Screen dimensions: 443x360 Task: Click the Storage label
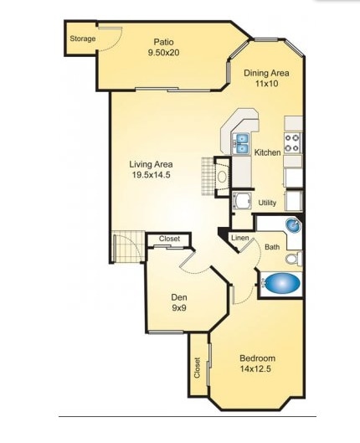(82, 39)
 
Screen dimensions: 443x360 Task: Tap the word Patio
(164, 40)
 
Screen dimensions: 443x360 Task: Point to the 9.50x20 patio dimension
(164, 52)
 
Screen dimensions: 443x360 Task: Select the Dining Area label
(266, 73)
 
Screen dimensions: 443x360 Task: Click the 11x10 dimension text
(266, 85)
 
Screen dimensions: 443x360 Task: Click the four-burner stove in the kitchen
(293, 142)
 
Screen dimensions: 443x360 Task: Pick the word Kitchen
(267, 152)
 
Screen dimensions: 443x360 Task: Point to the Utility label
(267, 203)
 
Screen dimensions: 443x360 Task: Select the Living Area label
(150, 163)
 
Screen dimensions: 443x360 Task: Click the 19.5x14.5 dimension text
(150, 175)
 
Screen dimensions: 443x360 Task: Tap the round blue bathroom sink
(292, 226)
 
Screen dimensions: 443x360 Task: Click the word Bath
(272, 247)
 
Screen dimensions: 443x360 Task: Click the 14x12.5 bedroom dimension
(258, 369)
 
